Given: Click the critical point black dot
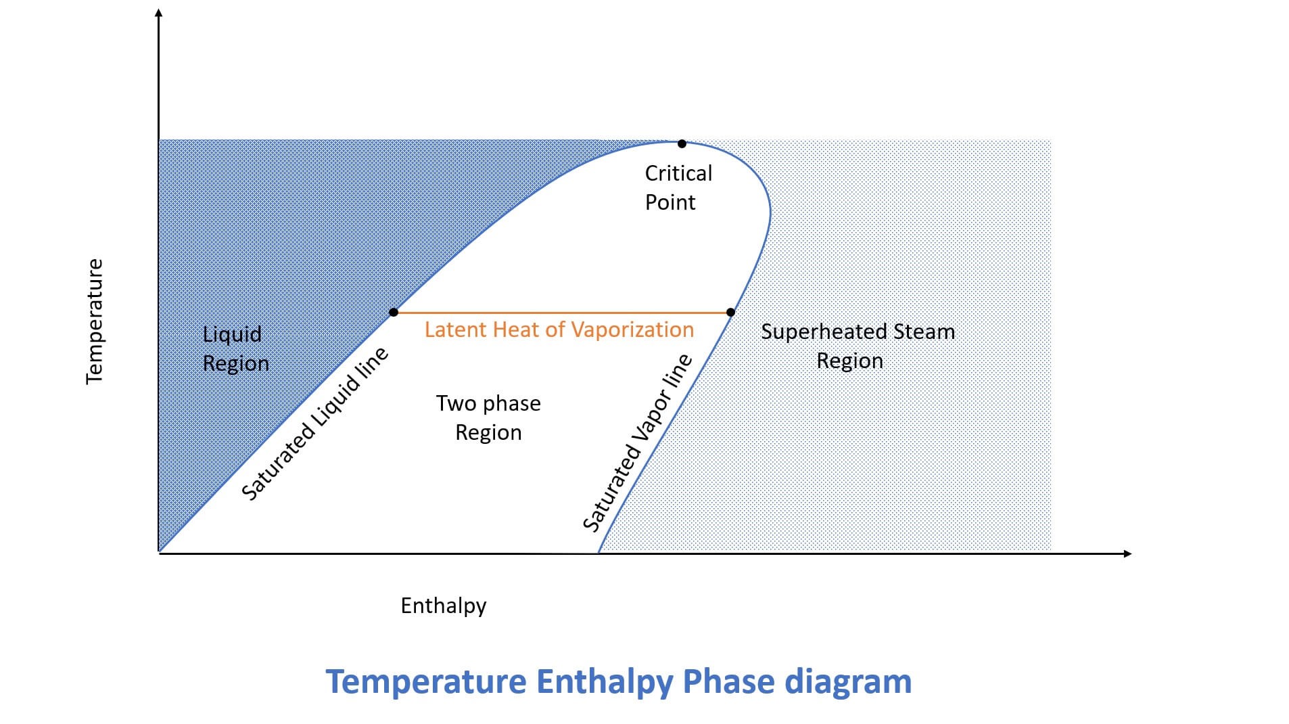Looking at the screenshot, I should [x=682, y=143].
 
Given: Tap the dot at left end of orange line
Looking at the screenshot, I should [x=394, y=313].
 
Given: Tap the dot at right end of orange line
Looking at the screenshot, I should [x=730, y=313].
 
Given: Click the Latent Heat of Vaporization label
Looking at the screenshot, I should [x=559, y=330].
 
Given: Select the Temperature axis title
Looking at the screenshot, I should [x=95, y=321].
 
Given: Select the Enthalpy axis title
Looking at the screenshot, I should [x=443, y=606].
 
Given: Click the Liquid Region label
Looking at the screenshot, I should [x=235, y=348].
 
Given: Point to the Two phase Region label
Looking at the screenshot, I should [x=488, y=417].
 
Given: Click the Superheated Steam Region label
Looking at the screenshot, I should [x=857, y=346].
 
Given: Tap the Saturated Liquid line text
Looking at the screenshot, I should [x=314, y=424].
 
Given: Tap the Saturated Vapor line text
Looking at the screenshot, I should [x=637, y=443].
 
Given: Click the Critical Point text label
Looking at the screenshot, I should [x=678, y=187].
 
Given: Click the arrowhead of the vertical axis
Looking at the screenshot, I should [x=159, y=13].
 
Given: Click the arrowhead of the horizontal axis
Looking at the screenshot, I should [x=1127, y=553].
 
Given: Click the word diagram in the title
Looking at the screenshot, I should [x=847, y=681].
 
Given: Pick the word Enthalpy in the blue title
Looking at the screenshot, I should [x=604, y=682].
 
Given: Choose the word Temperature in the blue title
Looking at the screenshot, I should [x=425, y=682].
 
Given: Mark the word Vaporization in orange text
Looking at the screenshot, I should [x=632, y=330].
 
